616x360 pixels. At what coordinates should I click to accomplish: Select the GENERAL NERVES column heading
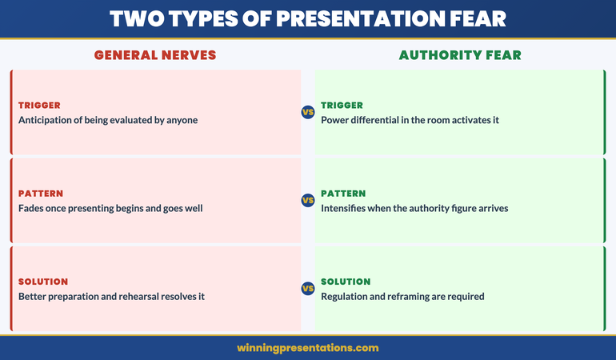(155, 55)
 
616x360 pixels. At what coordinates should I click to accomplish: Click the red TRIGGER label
(39, 105)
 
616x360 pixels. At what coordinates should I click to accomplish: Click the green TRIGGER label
(342, 105)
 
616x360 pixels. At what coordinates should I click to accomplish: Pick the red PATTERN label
(40, 193)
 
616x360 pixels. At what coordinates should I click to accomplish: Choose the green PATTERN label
(343, 193)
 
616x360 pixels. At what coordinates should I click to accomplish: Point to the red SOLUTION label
(43, 281)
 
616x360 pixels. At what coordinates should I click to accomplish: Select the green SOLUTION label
(346, 281)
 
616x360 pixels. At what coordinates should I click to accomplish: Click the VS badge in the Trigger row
(308, 112)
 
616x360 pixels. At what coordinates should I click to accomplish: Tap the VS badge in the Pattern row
(308, 200)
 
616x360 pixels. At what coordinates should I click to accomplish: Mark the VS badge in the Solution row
(308, 288)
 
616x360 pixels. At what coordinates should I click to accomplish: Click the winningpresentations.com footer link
(308, 348)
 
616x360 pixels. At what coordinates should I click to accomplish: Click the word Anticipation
(48, 120)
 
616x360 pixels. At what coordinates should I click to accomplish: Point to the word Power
(335, 120)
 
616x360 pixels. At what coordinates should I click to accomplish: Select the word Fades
(33, 208)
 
